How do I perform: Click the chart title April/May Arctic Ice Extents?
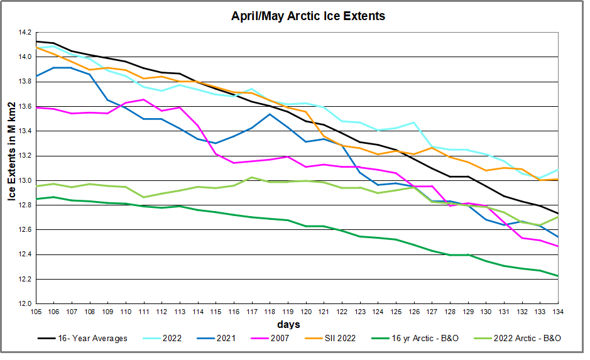click(x=309, y=16)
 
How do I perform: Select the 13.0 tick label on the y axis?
click(x=24, y=180)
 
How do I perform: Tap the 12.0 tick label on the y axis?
click(x=24, y=304)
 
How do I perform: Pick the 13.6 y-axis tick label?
click(x=24, y=106)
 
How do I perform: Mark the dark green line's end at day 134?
click(x=557, y=276)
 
